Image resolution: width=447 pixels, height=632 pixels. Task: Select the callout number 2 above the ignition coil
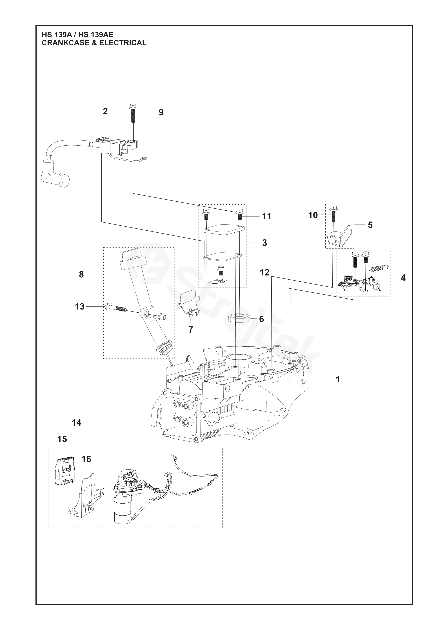(x=105, y=111)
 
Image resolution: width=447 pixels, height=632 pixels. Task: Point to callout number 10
(x=313, y=215)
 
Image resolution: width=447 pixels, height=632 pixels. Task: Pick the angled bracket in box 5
(x=340, y=236)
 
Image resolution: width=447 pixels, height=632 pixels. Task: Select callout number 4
(x=403, y=278)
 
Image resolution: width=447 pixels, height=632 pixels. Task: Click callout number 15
(x=62, y=439)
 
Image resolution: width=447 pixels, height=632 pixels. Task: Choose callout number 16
(x=86, y=459)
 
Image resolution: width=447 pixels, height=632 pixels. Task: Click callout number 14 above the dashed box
(x=77, y=422)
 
